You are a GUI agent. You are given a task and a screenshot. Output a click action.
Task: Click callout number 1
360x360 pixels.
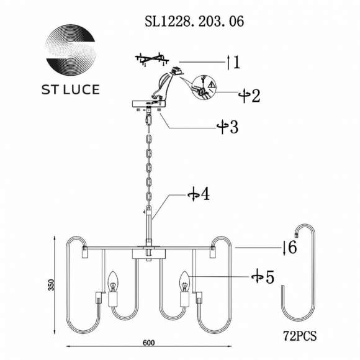pos(236,61)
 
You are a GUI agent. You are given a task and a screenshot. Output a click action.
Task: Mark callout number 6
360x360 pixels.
pos(294,248)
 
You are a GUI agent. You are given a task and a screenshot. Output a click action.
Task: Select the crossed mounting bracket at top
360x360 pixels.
pos(152,61)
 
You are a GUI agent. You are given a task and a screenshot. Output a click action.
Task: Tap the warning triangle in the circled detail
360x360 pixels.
pos(210,83)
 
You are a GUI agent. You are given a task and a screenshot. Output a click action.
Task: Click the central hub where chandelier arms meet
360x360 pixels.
pos(149,254)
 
